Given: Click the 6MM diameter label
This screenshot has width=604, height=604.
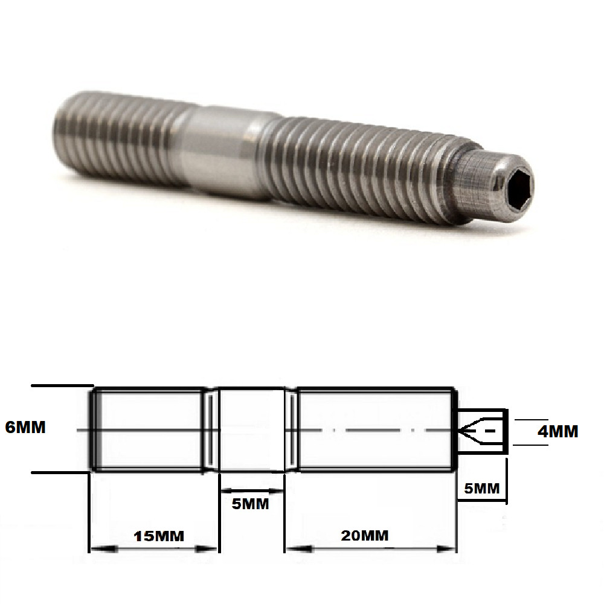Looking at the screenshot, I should click(x=25, y=427).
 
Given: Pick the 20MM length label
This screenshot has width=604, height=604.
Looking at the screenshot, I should click(x=364, y=535).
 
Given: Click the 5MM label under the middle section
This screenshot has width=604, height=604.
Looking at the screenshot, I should click(x=251, y=503).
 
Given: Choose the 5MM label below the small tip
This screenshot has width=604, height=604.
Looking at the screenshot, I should click(x=481, y=487).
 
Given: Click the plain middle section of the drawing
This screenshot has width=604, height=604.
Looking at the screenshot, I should click(x=251, y=429).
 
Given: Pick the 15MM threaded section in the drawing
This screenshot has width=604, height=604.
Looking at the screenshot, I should click(x=148, y=429).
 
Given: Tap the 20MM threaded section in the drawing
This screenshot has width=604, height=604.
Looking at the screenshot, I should click(x=374, y=429).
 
